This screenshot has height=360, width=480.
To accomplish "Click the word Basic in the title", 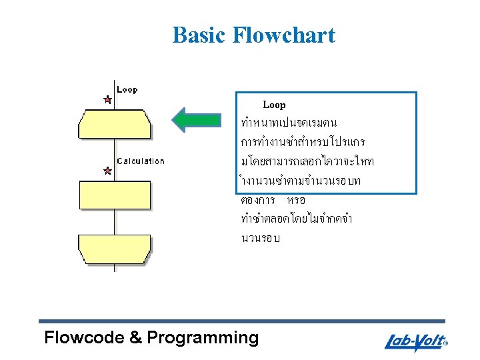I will coord(199,35).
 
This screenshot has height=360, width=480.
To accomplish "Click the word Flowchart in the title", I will coord(284,35).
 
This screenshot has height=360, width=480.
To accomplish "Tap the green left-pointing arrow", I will coord(196,120).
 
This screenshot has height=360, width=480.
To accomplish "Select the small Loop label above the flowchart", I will coord(127,89).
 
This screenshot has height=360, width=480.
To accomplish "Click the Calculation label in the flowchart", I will coord(141,161).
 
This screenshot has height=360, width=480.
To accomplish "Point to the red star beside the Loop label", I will coord(107,99).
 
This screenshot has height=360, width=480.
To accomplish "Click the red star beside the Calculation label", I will coord(107,171).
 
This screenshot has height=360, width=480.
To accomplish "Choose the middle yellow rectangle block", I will coord(115,195).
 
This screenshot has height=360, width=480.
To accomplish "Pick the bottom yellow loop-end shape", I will coord(115,249).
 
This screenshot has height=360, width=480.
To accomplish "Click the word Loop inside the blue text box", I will coord(274,105).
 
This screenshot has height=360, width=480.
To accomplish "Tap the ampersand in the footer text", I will coord(136,338).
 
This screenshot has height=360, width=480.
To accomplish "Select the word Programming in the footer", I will coord(203,338).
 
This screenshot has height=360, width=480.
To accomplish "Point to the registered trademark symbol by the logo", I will coord(445,345).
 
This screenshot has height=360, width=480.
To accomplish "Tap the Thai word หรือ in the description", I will coord(295,200).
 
